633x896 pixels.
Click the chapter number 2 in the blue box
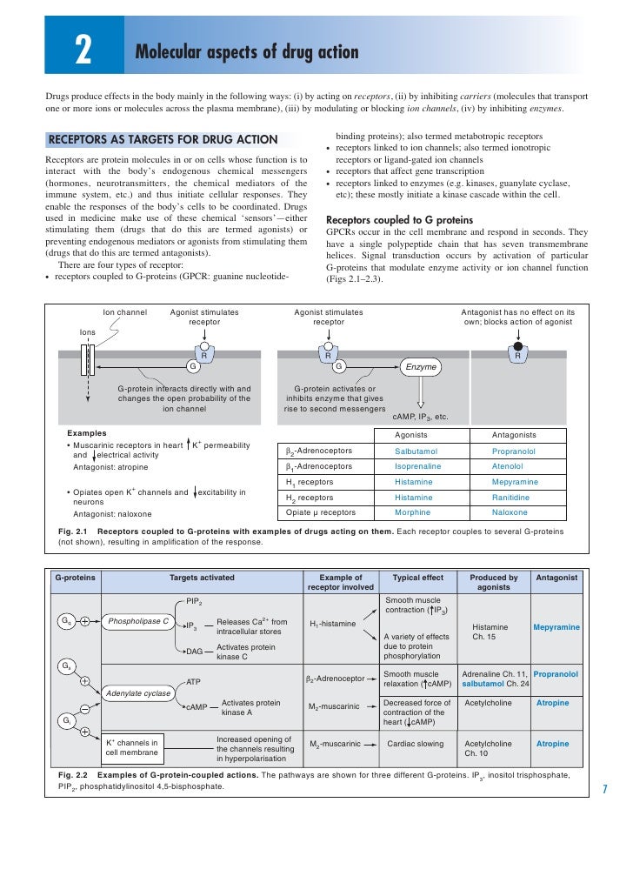(83, 53)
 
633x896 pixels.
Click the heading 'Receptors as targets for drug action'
(163, 139)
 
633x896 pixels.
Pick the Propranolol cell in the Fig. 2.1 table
(514, 451)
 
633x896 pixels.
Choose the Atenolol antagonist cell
(514, 466)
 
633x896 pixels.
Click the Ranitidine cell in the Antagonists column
(514, 497)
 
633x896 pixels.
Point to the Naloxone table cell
(514, 512)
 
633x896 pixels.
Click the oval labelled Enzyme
(422, 368)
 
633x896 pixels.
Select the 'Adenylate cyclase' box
(137, 692)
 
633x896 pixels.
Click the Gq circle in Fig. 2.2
(65, 621)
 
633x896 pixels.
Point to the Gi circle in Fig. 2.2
(65, 721)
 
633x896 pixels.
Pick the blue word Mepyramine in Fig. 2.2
(556, 626)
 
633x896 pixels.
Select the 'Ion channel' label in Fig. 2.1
(124, 311)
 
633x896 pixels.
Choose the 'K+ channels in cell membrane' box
(131, 747)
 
